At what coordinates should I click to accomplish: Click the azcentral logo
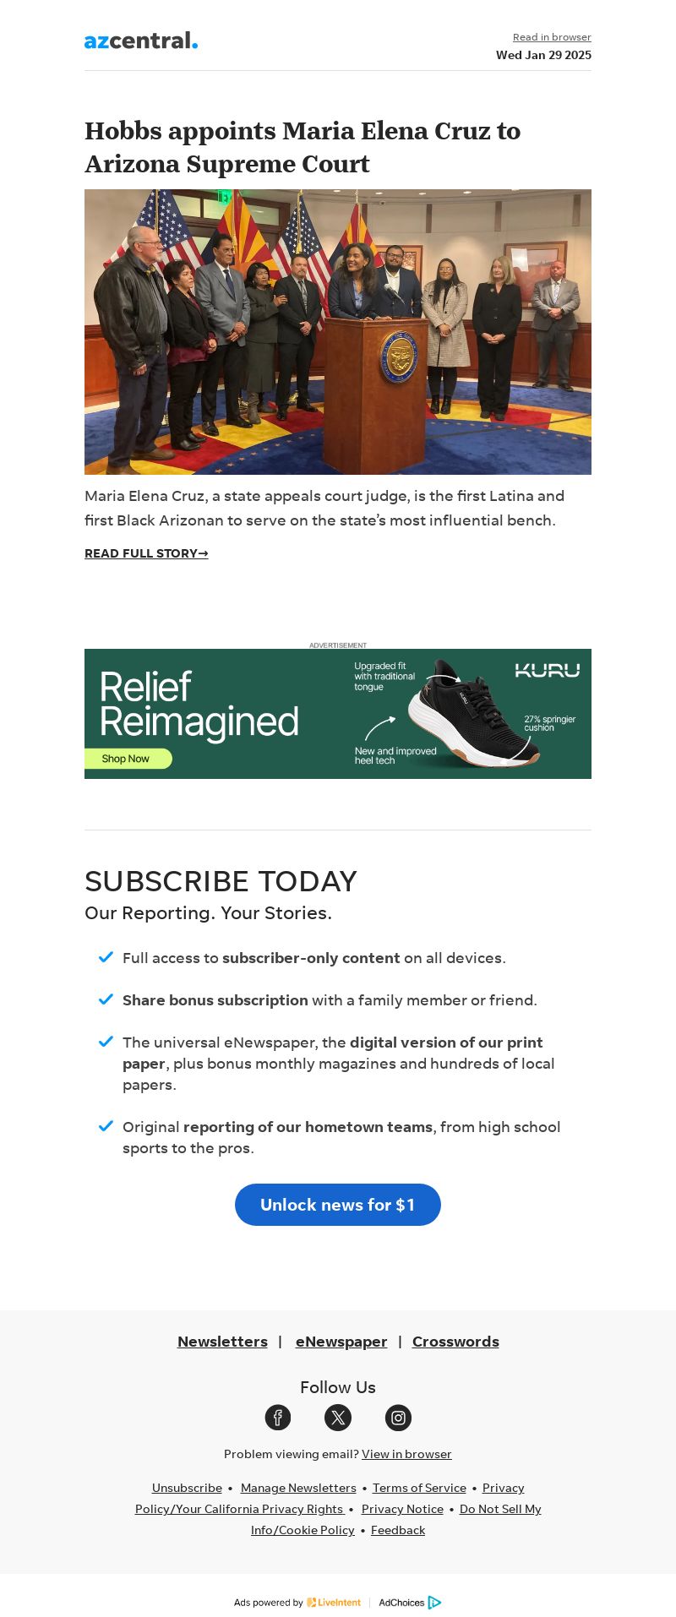[x=141, y=41]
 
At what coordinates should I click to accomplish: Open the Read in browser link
[x=552, y=37]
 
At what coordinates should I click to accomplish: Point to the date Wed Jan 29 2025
[x=543, y=56]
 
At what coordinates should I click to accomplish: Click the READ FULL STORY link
[x=146, y=554]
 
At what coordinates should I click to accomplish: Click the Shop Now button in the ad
[x=128, y=759]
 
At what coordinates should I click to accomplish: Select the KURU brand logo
[x=548, y=671]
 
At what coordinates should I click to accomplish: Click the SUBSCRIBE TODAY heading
[x=221, y=881]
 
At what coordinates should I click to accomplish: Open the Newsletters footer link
[x=222, y=1342]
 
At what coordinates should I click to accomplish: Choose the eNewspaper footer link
[x=341, y=1342]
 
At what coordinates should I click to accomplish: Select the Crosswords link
[x=455, y=1342]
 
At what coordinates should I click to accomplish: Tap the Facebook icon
[x=278, y=1418]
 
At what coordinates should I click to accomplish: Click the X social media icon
[x=338, y=1418]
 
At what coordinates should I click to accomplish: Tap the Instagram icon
[x=398, y=1418]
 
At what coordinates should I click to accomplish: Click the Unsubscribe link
[x=187, y=1488]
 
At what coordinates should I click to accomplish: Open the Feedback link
[x=398, y=1530]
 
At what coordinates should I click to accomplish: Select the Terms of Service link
[x=419, y=1488]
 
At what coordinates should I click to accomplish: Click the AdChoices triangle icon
[x=434, y=1603]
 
